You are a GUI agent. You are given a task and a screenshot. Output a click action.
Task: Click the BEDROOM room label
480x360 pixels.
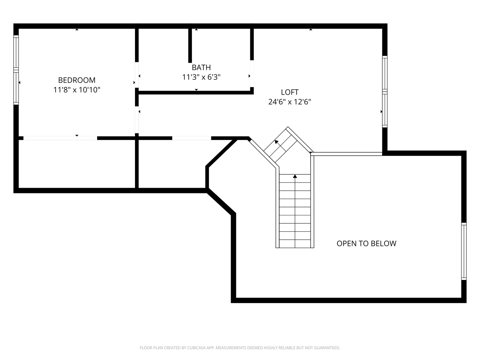tap(77, 80)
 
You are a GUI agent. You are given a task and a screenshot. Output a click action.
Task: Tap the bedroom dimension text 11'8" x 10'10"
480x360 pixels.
tap(77, 90)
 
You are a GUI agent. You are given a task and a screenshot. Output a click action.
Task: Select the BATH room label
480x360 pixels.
tap(201, 68)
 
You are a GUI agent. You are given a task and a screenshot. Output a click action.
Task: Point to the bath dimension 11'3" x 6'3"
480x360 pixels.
tap(201, 77)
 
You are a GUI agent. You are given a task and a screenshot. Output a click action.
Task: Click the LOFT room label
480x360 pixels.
tap(289, 92)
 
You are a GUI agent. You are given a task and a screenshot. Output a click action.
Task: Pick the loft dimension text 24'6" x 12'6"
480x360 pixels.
tap(289, 102)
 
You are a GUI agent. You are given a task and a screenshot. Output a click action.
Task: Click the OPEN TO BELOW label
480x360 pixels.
tap(366, 243)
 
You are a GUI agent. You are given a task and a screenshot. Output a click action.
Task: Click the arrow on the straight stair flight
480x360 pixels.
tap(295, 176)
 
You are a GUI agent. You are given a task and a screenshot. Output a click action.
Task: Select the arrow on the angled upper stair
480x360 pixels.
tap(276, 142)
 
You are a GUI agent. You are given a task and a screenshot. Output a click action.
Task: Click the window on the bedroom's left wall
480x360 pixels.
tap(16, 70)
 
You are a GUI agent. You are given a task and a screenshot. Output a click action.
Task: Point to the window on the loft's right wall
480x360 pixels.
tap(385, 92)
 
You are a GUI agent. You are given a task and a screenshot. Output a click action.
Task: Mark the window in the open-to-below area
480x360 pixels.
tap(464, 251)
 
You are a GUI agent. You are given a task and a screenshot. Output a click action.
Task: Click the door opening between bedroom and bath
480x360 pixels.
tap(137, 75)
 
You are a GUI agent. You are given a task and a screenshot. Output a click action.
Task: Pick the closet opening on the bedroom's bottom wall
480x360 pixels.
tap(60, 138)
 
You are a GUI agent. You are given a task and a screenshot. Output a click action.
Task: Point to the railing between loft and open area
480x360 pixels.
tap(347, 154)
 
